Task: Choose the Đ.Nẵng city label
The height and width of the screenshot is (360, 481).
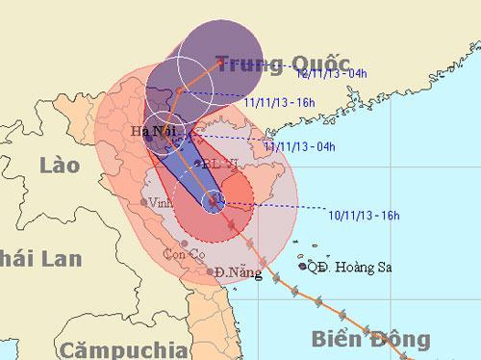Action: point(240,273)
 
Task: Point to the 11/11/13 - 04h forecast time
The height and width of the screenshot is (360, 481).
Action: point(299,146)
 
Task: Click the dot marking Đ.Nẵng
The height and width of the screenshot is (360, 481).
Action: point(212,272)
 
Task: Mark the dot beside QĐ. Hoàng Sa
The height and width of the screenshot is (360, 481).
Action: point(303,266)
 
